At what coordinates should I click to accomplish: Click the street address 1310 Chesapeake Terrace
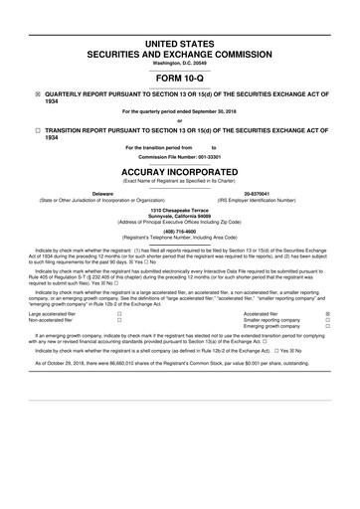pos(180,211)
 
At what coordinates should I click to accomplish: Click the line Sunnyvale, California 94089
pos(180,217)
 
